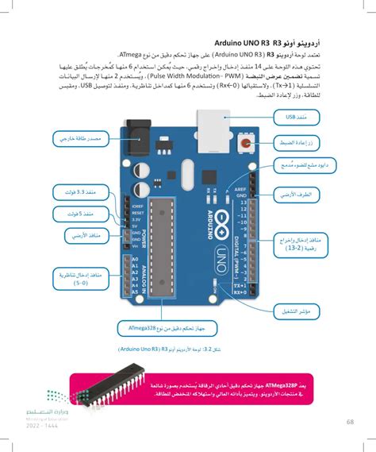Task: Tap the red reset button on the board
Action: tap(247, 144)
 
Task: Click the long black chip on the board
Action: tap(165, 249)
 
